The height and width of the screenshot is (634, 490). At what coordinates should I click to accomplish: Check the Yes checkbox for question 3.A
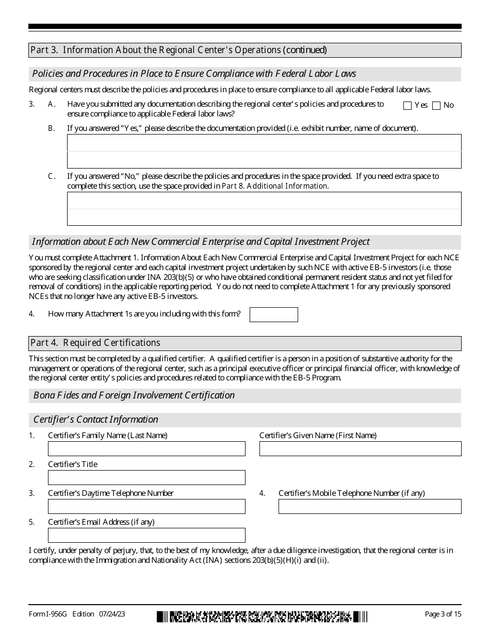tap(407, 106)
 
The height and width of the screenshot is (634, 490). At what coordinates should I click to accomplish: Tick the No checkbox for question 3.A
tap(436, 106)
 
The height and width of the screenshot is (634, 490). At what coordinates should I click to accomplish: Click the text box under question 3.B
tap(264, 151)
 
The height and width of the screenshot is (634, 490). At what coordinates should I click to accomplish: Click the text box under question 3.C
tap(264, 209)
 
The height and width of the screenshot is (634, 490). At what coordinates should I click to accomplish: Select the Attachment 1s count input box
tap(273, 314)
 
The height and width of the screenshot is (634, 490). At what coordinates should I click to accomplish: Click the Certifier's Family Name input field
tap(146, 448)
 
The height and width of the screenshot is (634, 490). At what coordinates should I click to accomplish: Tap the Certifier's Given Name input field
tap(360, 448)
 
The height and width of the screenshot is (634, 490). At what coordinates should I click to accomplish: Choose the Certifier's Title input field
tap(146, 477)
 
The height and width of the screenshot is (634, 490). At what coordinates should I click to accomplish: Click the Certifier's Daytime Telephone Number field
tap(146, 506)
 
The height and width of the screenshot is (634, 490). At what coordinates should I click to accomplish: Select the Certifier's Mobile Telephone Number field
tap(370, 506)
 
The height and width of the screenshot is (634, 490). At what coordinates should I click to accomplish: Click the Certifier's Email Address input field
tap(146, 535)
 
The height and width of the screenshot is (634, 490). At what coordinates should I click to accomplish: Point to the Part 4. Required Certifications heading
tap(95, 343)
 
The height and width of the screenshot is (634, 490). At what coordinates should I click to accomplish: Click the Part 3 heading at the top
tap(178, 50)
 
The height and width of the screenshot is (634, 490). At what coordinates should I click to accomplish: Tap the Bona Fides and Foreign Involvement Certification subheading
tap(134, 395)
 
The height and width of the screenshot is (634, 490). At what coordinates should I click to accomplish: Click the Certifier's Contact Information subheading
tap(96, 420)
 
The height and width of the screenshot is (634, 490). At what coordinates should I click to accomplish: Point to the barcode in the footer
tap(262, 616)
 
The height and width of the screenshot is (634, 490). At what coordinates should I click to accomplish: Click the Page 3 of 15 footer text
tap(443, 614)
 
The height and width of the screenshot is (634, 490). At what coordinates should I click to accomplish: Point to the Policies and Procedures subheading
tap(194, 74)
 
